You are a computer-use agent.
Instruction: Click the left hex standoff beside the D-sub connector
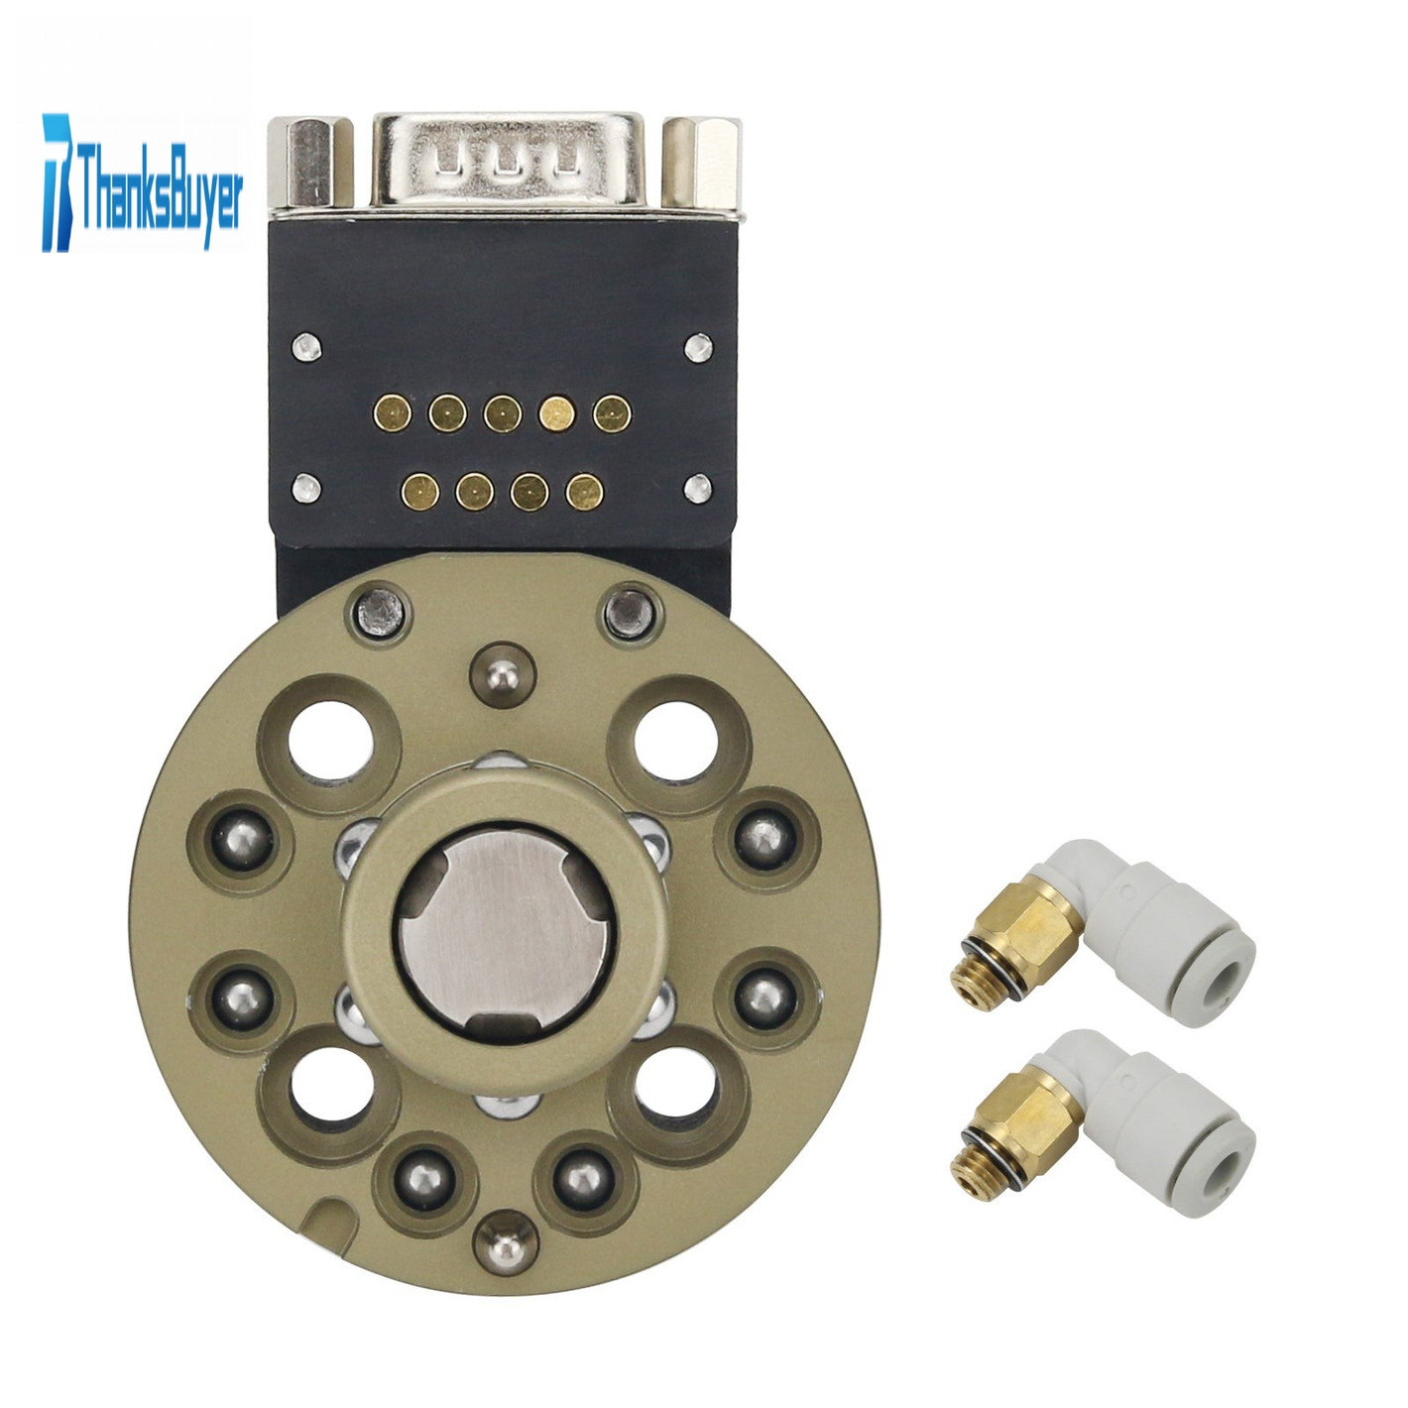[311, 163]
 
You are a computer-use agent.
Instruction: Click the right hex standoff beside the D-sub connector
[701, 163]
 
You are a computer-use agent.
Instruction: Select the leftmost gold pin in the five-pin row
[393, 414]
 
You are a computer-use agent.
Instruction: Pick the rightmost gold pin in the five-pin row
[613, 414]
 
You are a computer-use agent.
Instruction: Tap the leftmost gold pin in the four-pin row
[420, 491]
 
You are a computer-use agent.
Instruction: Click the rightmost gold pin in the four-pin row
[585, 491]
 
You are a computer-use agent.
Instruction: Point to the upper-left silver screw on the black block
[306, 346]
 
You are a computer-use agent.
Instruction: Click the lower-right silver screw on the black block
[698, 488]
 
